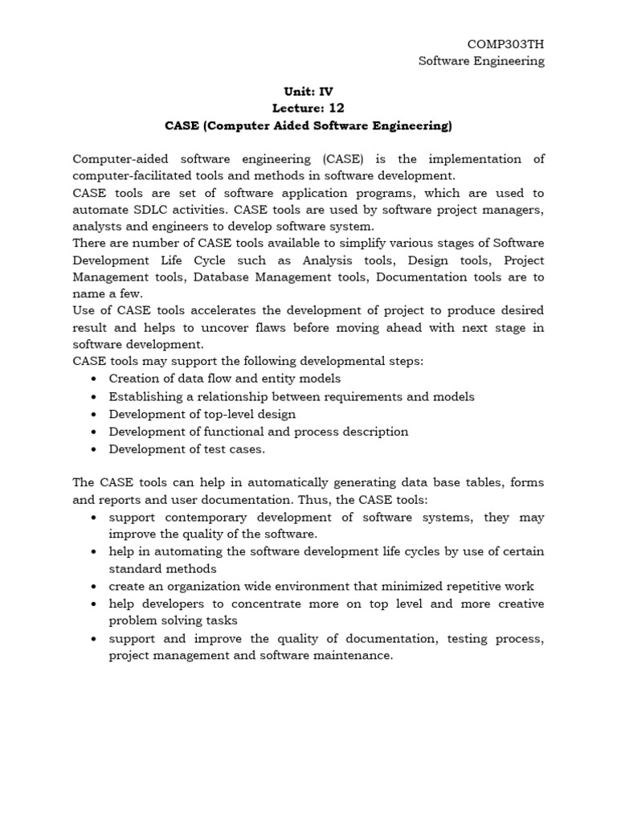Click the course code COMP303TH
[505, 43]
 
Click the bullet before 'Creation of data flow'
[95, 379]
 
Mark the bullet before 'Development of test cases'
[95, 449]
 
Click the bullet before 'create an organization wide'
[95, 586]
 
